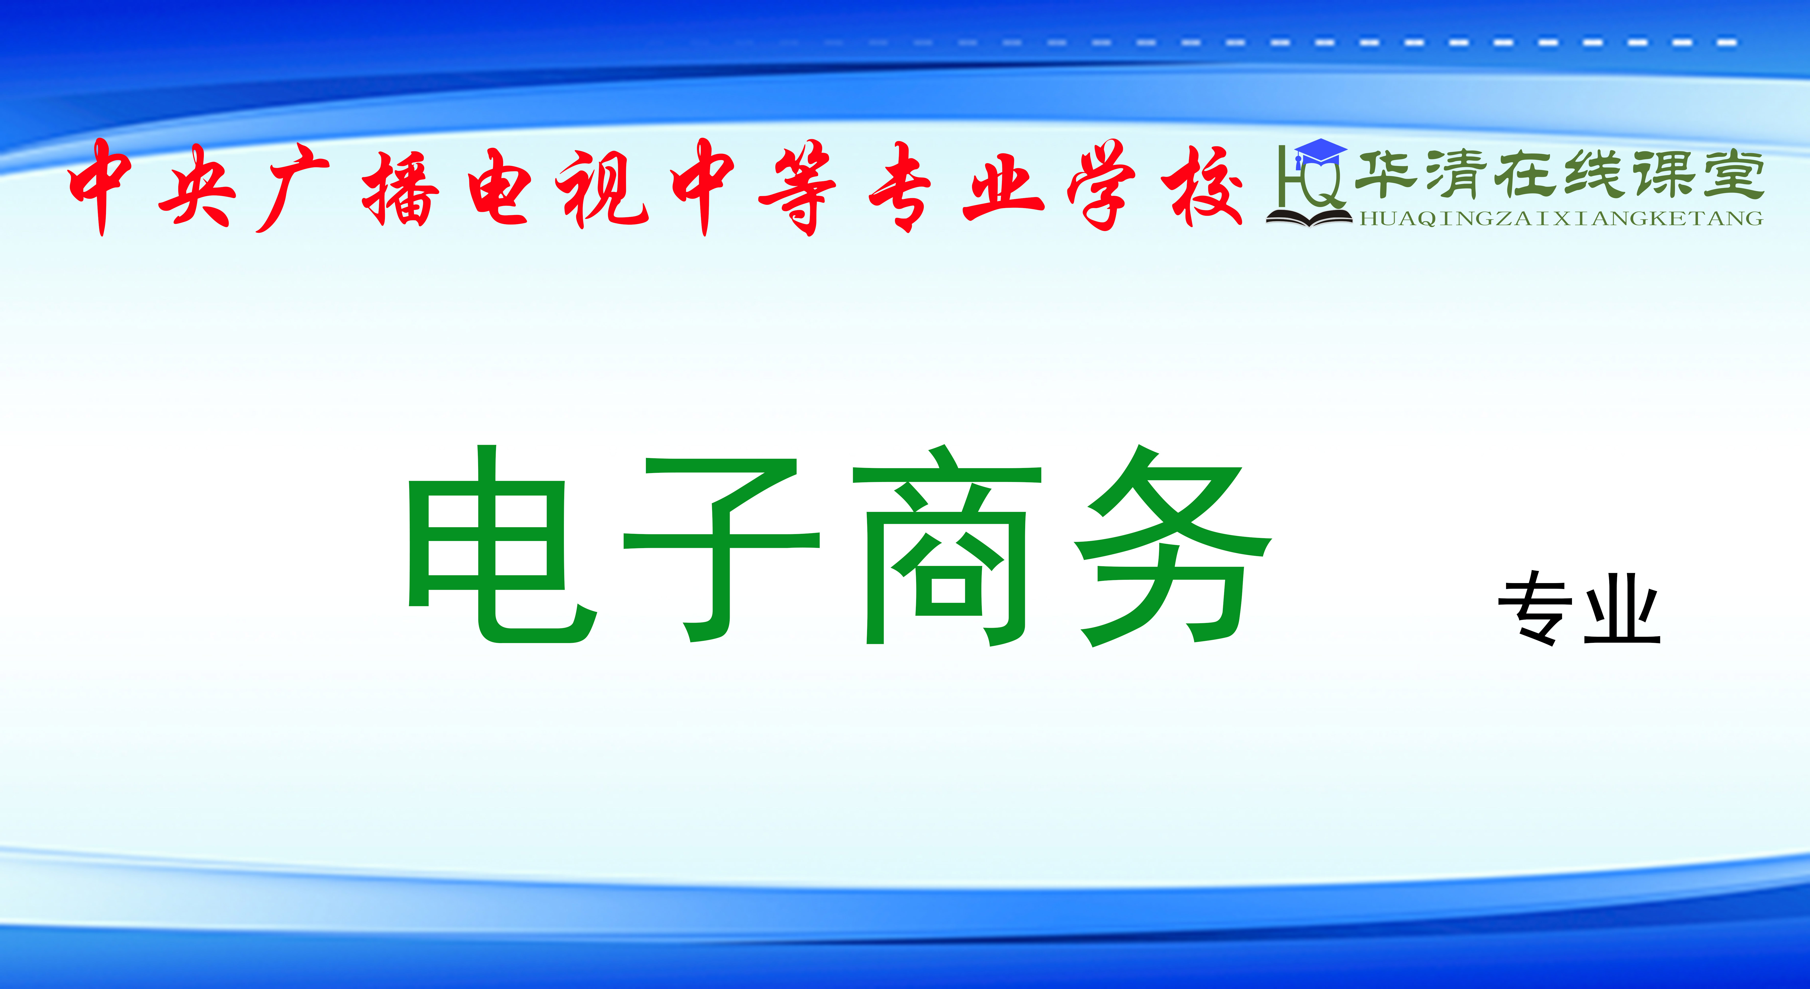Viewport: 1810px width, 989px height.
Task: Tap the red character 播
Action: (400, 188)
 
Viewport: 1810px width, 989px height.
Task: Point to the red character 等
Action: (798, 188)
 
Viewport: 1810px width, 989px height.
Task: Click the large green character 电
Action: (502, 544)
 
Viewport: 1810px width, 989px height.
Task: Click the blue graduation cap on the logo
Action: (1320, 153)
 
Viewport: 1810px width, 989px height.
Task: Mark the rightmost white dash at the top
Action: (1726, 43)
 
